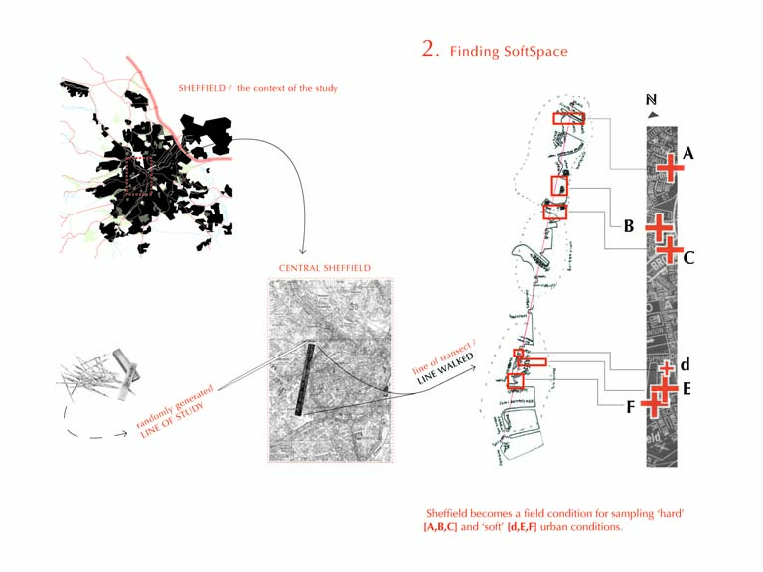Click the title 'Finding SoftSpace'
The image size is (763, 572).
click(x=509, y=51)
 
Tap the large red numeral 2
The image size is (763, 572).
click(x=429, y=49)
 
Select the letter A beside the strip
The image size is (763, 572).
click(x=688, y=154)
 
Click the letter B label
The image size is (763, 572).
click(x=628, y=226)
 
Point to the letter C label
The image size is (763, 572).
click(x=688, y=258)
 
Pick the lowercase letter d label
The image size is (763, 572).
click(x=686, y=365)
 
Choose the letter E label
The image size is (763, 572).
click(x=687, y=389)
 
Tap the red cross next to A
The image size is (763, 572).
click(x=670, y=166)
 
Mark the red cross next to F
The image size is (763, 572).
click(x=653, y=404)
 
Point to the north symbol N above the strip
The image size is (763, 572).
click(x=651, y=100)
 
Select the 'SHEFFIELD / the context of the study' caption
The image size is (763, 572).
click(x=257, y=89)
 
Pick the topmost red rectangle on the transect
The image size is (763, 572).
click(x=569, y=118)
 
